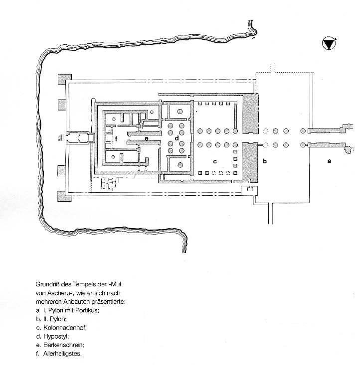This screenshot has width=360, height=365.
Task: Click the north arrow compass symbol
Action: click(329, 43)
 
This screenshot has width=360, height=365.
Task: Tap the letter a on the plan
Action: click(329, 161)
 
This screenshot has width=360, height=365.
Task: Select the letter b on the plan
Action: click(265, 161)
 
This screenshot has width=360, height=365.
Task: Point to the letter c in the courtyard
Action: click(215, 161)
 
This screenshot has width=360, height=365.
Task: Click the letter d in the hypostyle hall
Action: click(177, 138)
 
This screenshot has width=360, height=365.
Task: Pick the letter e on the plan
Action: click(147, 139)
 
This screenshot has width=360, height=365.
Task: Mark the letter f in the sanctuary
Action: click(116, 139)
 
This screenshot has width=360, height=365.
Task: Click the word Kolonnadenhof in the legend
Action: click(65, 328)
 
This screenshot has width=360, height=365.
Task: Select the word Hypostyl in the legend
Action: click(56, 337)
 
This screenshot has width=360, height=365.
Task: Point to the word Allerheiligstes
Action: click(62, 354)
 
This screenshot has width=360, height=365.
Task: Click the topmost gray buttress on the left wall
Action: click(65, 79)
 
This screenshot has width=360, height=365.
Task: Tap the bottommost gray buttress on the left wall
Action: click(64, 196)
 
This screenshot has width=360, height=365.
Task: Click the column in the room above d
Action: click(180, 112)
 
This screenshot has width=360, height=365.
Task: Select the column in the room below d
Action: click(180, 165)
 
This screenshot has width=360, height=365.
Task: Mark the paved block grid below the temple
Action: click(109, 184)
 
